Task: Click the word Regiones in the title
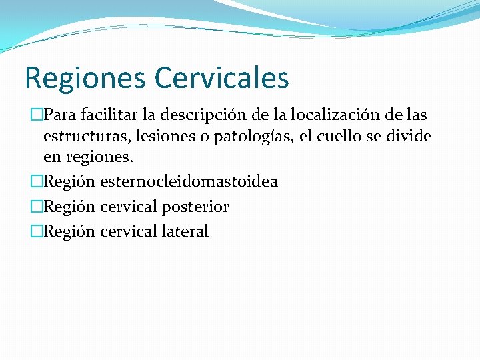coord(84,77)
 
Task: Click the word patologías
coord(244,137)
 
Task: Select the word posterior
coord(195,207)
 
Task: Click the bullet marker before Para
coord(37,115)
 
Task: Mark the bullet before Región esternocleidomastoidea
coord(37,181)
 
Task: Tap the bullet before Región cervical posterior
coord(37,207)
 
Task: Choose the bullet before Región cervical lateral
coord(37,231)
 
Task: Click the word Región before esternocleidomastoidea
coord(70,181)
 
